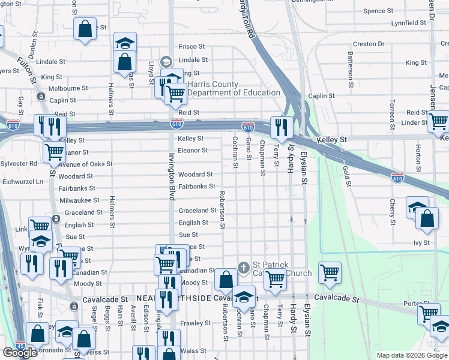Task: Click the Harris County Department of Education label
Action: tap(234, 89)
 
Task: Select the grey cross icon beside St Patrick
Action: tap(244, 266)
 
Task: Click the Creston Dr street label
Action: tap(369, 44)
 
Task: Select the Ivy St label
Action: tap(422, 243)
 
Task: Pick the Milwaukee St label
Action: tap(79, 200)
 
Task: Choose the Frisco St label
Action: tap(191, 46)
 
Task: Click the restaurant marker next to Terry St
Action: tap(279, 127)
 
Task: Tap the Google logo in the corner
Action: tap(20, 352)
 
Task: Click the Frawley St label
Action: tap(193, 323)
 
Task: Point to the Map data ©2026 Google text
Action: tap(412, 355)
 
